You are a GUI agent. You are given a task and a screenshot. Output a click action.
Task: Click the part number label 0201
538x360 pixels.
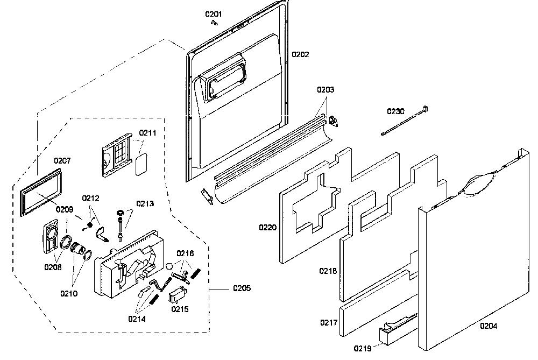214,14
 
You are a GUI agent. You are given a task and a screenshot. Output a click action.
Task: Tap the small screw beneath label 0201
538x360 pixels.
215,23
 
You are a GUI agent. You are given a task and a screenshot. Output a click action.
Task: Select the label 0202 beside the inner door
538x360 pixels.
300,54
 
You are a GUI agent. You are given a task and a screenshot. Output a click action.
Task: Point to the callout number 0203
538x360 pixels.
325,89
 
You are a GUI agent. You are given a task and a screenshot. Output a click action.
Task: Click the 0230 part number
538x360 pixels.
395,111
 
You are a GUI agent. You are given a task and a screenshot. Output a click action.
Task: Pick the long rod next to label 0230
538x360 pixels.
404,121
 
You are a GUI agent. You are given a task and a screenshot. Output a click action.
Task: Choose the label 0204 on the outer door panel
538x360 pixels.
489,326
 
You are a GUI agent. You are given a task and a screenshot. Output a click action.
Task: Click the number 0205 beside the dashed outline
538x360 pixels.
242,288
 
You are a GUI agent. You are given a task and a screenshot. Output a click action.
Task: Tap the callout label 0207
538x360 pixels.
62,160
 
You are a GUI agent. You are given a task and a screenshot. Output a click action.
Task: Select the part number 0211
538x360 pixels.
147,133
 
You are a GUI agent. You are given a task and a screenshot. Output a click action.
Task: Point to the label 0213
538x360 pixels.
145,203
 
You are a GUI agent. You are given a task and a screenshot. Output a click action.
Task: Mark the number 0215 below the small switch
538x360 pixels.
180,309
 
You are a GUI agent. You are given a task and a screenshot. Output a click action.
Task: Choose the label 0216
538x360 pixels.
185,253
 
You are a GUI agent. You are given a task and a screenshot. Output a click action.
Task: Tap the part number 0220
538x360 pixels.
267,227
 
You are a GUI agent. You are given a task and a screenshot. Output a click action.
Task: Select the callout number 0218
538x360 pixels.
328,271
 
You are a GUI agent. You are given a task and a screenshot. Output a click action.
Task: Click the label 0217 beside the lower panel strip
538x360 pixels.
328,322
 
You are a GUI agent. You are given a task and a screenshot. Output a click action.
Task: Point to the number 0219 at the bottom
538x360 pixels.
362,349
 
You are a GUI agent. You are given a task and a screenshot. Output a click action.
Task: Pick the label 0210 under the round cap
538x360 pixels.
69,293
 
